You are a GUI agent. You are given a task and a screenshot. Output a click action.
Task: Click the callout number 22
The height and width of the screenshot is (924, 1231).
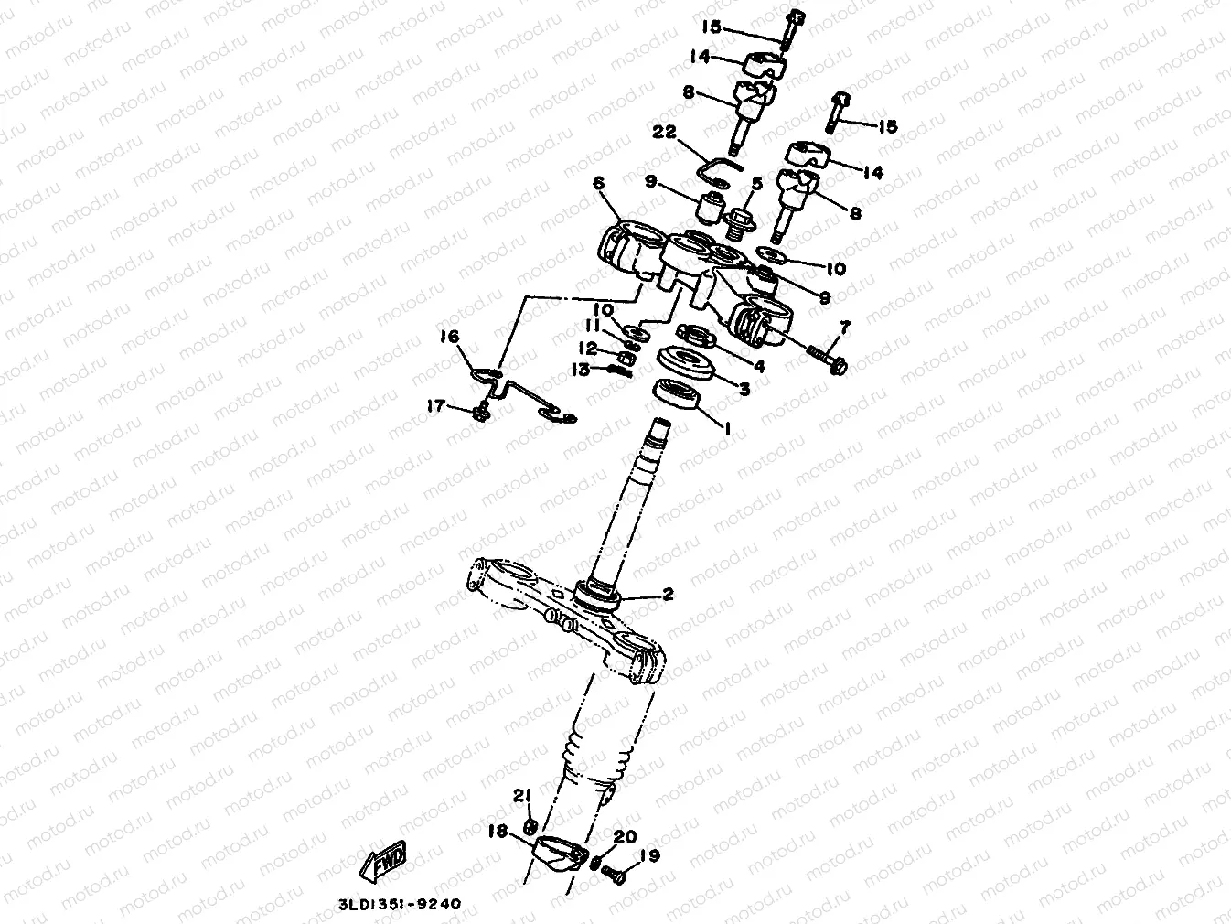(x=664, y=133)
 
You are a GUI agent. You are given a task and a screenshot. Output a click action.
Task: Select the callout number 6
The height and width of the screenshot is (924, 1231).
(x=599, y=184)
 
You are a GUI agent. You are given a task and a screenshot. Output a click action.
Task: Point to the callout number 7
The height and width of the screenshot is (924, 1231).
(x=844, y=326)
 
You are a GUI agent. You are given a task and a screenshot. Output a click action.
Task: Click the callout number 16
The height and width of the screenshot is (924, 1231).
(x=449, y=338)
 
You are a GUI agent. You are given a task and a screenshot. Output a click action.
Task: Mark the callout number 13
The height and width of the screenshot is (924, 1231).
(x=581, y=370)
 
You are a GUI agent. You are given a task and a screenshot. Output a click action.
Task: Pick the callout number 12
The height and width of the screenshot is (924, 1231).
(x=586, y=349)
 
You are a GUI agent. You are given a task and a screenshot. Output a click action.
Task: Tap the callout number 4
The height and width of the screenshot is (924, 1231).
(x=758, y=366)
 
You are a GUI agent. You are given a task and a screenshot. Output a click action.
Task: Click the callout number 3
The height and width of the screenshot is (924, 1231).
(x=744, y=390)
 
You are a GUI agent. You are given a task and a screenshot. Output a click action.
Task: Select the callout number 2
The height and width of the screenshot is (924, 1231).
(x=668, y=595)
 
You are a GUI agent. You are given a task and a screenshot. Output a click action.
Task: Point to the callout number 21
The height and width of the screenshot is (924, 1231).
(x=521, y=796)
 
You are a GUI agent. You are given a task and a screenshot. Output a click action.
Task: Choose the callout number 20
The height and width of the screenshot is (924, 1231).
(x=625, y=837)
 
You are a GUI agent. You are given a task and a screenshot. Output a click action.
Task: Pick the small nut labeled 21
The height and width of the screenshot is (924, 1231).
(x=529, y=827)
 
